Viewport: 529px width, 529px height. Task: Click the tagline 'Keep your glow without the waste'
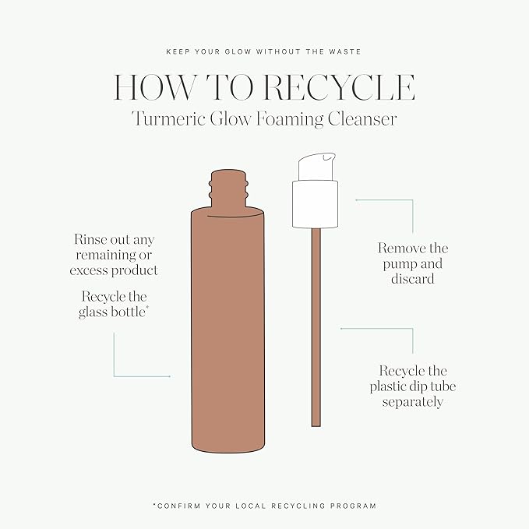point(264,53)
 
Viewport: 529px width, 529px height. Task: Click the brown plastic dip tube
point(316,327)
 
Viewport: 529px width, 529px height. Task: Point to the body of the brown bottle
point(227,327)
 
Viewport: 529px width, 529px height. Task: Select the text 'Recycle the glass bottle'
point(115,305)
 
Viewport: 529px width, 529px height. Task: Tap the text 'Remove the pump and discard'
point(413,263)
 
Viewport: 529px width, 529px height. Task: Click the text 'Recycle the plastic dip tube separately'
point(413,386)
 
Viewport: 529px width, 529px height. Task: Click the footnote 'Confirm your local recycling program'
point(264,506)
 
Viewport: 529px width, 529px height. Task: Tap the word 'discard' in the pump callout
point(413,278)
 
